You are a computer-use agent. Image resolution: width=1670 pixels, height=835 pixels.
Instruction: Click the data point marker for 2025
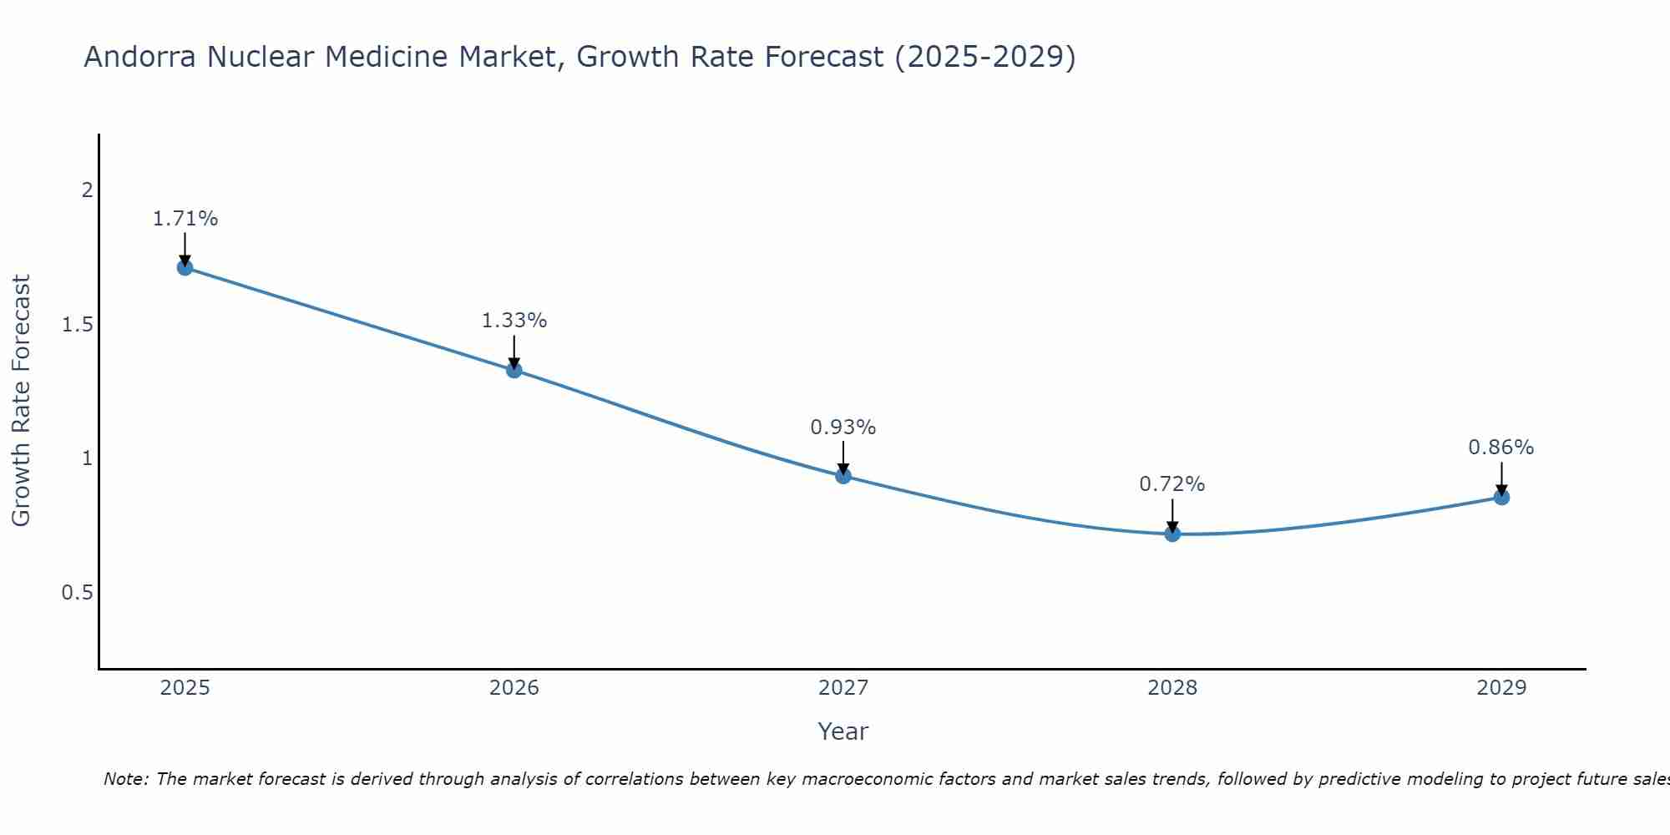tap(185, 267)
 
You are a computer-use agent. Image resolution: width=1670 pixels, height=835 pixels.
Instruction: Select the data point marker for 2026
tap(514, 370)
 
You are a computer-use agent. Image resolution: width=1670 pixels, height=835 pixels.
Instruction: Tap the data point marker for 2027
tap(843, 476)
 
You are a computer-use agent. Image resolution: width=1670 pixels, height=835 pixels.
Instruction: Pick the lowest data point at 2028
tap(1172, 534)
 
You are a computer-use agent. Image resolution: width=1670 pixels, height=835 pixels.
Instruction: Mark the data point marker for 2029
tap(1501, 497)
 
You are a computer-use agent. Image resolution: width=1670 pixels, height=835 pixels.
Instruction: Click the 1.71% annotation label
tap(185, 219)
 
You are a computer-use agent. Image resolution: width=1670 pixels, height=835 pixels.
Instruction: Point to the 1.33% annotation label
tap(514, 321)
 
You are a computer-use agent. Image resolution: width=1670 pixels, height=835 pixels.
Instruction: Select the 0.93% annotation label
tap(843, 428)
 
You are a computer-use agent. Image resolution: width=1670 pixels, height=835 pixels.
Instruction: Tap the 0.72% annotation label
tap(1172, 484)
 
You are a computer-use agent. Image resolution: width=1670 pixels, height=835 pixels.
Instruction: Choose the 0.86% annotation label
tap(1501, 448)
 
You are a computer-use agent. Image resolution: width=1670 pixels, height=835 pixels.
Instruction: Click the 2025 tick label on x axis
tap(185, 688)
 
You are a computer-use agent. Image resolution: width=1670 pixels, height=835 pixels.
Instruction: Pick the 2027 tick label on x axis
tap(843, 688)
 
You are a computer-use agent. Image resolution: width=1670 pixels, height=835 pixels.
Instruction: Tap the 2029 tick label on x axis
tap(1501, 688)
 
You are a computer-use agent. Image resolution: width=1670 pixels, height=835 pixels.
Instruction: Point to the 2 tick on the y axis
tap(87, 190)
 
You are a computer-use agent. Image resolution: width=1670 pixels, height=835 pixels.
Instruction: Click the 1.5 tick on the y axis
tap(78, 325)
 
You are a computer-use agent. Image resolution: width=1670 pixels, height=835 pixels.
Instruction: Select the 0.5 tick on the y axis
tap(78, 593)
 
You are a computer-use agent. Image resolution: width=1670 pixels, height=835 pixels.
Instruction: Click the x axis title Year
tap(843, 731)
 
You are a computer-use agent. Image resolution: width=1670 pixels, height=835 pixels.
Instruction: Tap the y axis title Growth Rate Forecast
tap(22, 401)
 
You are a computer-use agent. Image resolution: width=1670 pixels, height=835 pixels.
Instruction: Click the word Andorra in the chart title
tap(141, 58)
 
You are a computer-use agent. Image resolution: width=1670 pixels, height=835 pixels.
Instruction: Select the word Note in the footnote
tap(124, 779)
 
